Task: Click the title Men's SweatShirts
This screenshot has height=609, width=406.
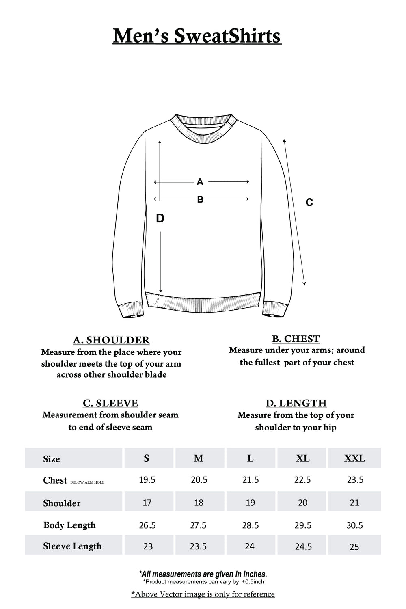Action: (x=197, y=36)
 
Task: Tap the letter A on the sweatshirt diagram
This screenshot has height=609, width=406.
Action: (x=200, y=182)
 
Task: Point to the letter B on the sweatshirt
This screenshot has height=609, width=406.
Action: (x=200, y=199)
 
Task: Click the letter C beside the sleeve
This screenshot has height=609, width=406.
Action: (x=309, y=202)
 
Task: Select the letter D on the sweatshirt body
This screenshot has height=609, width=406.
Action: (x=160, y=218)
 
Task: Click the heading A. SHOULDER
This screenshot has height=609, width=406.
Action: (x=111, y=340)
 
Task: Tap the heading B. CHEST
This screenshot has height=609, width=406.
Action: (x=296, y=339)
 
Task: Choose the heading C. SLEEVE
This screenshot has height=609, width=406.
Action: (x=110, y=403)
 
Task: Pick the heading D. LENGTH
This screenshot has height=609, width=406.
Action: (x=296, y=403)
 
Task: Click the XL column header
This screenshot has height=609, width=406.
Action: (x=303, y=458)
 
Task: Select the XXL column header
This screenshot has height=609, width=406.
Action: (x=354, y=458)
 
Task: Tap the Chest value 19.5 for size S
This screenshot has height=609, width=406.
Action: (x=147, y=480)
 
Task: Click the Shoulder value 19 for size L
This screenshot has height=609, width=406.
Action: (x=251, y=503)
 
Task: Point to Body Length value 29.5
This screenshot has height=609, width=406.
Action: (x=303, y=525)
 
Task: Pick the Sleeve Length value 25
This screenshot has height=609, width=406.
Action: (x=354, y=547)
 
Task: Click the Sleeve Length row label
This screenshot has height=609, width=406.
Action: (x=72, y=546)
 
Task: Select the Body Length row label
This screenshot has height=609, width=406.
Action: (x=69, y=525)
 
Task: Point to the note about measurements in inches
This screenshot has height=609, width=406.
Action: (x=203, y=574)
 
